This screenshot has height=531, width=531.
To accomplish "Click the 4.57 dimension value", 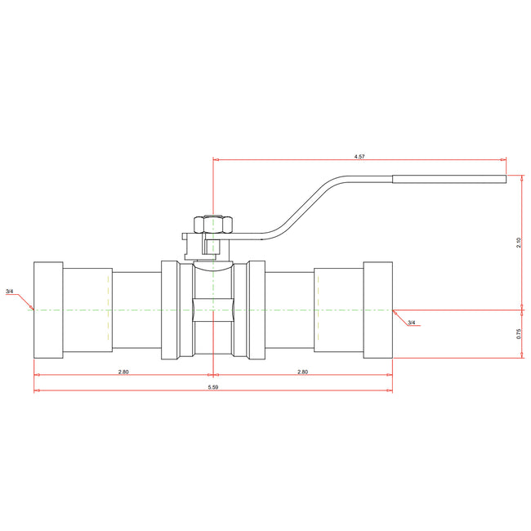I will click(x=359, y=155).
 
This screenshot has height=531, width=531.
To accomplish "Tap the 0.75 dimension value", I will click(x=519, y=333).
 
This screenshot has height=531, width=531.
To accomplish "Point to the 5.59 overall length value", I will click(x=212, y=386).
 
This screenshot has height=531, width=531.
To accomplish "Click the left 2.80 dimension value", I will click(x=123, y=372).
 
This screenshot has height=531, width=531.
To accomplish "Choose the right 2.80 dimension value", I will click(x=302, y=372).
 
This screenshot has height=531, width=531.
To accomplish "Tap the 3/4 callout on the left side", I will click(x=9, y=292).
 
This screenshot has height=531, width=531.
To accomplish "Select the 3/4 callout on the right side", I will click(x=412, y=323).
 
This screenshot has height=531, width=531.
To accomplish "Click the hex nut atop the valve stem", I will click(x=213, y=224).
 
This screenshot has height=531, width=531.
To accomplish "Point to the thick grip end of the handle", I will click(x=448, y=178).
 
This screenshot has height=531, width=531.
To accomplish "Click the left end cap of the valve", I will click(x=48, y=310).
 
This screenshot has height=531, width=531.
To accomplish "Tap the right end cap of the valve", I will click(x=377, y=310).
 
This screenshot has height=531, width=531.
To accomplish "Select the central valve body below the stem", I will click(x=212, y=310).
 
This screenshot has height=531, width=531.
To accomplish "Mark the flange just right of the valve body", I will click(x=257, y=310).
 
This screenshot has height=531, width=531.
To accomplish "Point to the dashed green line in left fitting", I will click(x=108, y=310).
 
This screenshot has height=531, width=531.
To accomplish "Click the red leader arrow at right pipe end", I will click(x=398, y=314).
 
